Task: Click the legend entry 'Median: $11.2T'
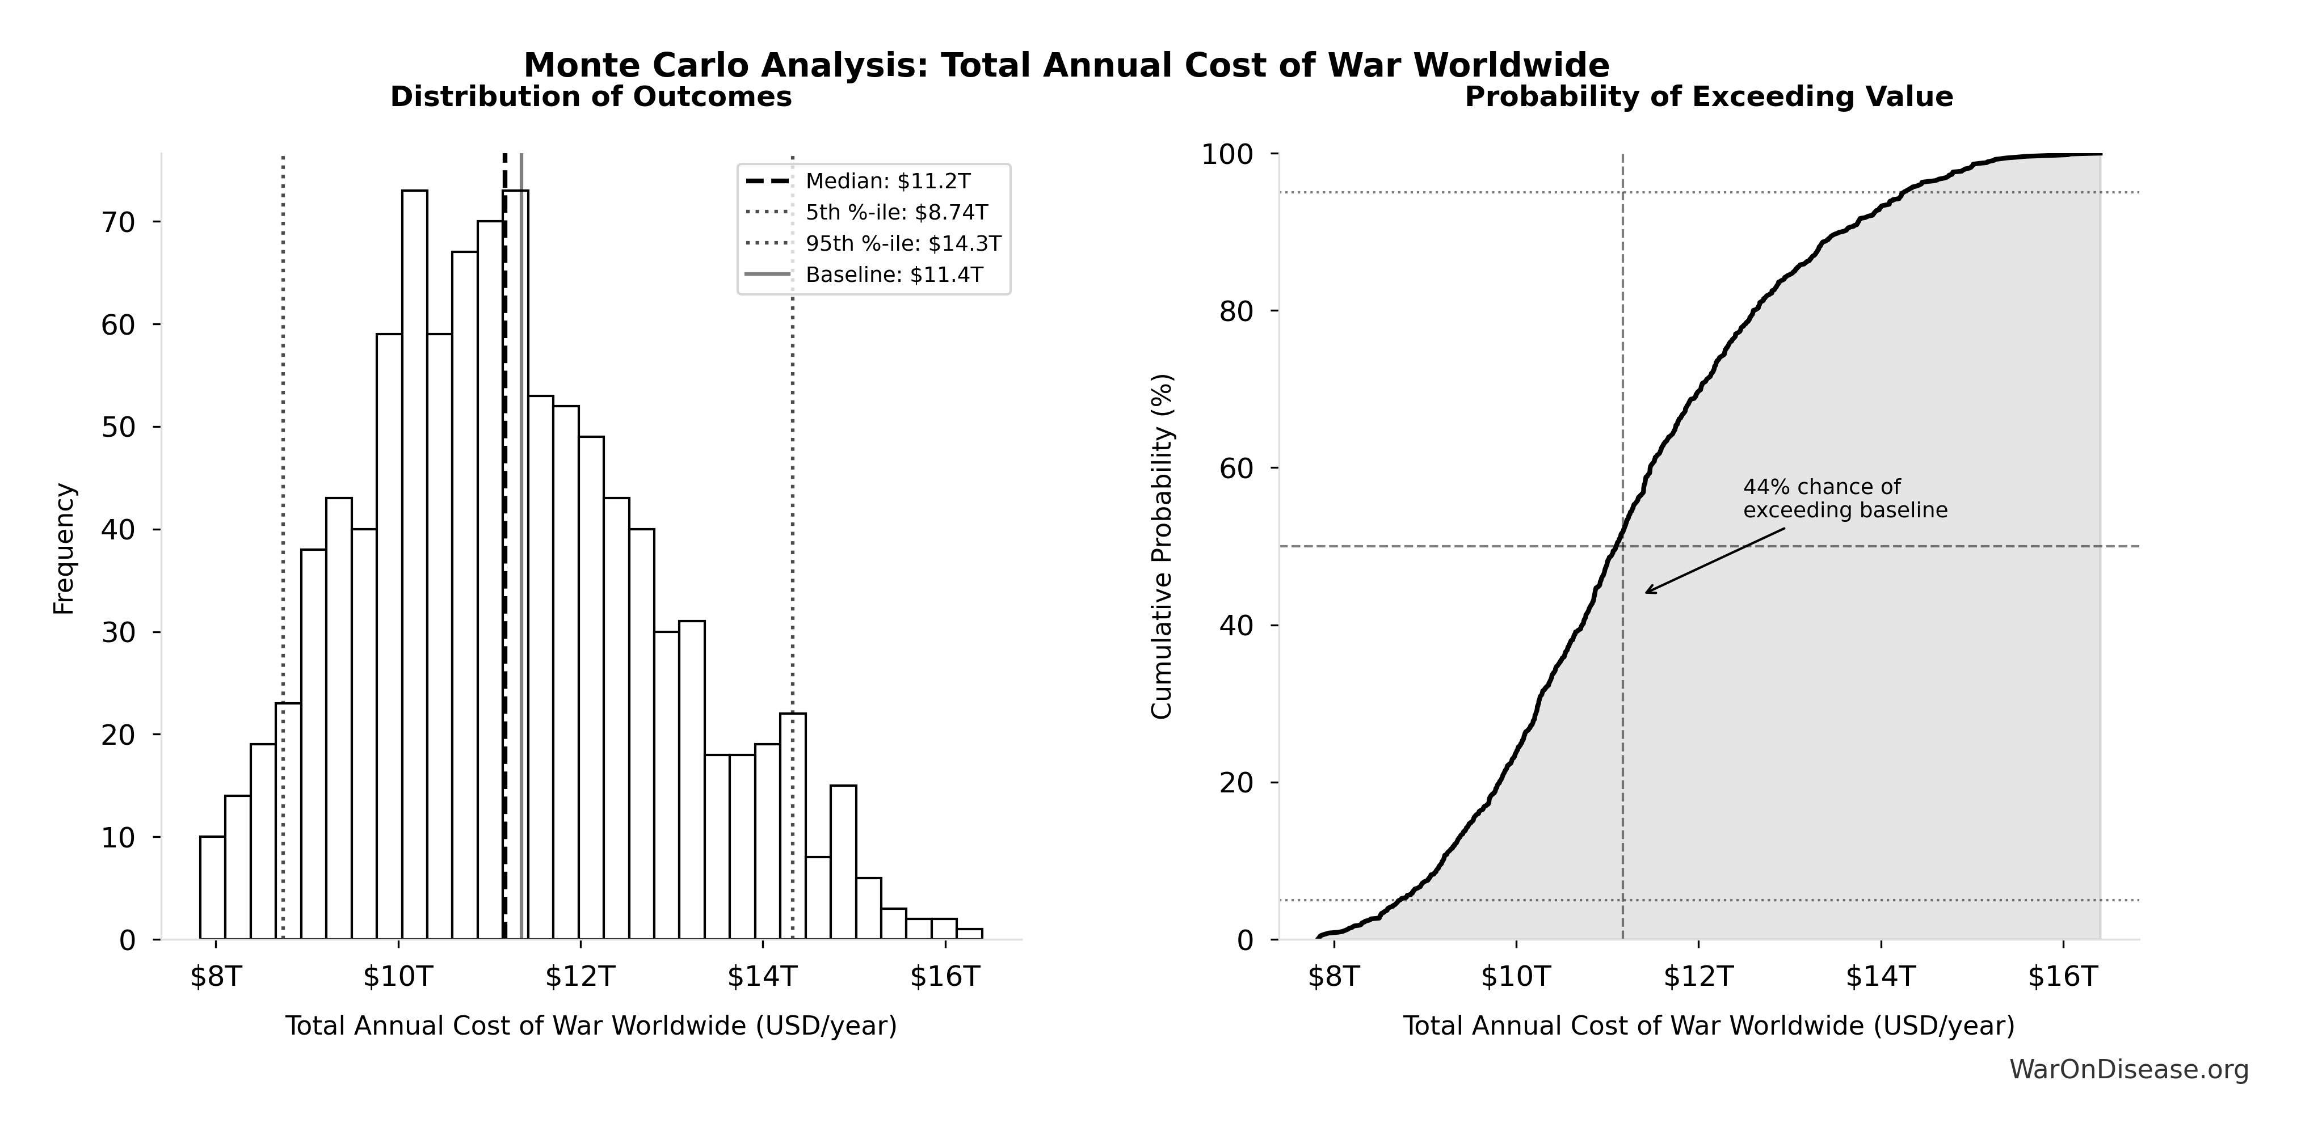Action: (x=887, y=182)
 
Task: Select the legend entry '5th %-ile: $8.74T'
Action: (x=896, y=213)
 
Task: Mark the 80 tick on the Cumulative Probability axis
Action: (x=1236, y=311)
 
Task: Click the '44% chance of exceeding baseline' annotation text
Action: (x=1845, y=498)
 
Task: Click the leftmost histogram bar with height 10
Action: (x=212, y=888)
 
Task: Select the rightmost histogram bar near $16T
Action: (x=969, y=934)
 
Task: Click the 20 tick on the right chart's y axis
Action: (x=1236, y=782)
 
